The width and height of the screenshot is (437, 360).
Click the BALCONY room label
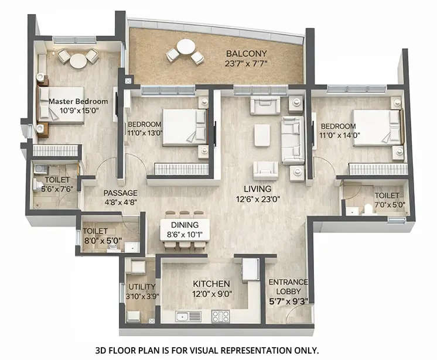point(247,54)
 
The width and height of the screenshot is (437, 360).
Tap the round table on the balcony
point(186,46)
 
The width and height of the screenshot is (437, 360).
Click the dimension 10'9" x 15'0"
point(75,109)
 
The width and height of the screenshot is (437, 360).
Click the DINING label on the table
point(184,225)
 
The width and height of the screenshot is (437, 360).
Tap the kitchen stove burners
point(220,316)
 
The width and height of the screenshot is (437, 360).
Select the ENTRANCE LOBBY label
point(288,287)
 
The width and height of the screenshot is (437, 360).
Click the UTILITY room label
point(142,287)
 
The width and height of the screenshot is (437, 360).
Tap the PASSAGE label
point(120,193)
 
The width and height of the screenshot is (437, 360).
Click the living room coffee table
point(262,135)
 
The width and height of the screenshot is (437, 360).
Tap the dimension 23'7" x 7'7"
point(246,63)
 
